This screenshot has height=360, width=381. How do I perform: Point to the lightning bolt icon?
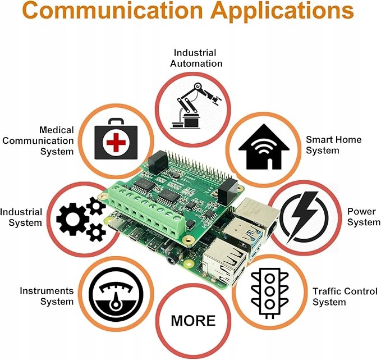point(304,217)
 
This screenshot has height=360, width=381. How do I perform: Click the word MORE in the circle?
point(193,320)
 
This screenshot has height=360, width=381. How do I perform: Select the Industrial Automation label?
point(197,58)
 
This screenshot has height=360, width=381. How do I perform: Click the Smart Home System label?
point(333,145)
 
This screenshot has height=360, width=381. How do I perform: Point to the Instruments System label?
point(47,296)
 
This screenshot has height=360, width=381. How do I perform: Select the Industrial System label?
point(21,217)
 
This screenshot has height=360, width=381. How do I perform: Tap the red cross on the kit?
point(116,143)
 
